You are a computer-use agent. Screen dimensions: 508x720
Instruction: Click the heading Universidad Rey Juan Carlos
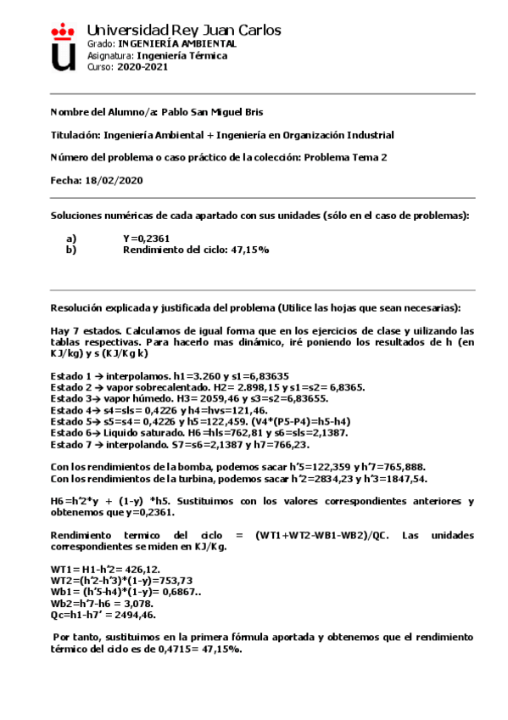183,31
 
